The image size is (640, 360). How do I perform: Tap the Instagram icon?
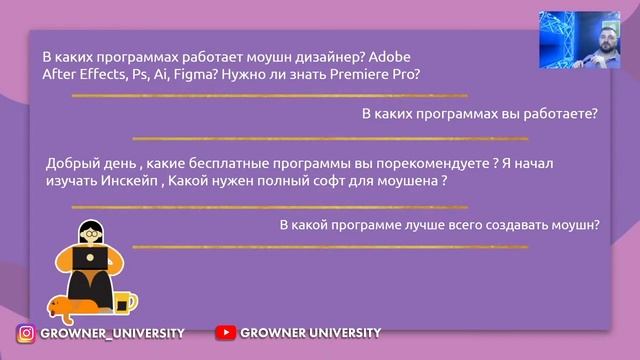click(x=26, y=334)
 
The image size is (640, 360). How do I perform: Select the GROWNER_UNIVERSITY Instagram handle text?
click(x=112, y=333)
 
